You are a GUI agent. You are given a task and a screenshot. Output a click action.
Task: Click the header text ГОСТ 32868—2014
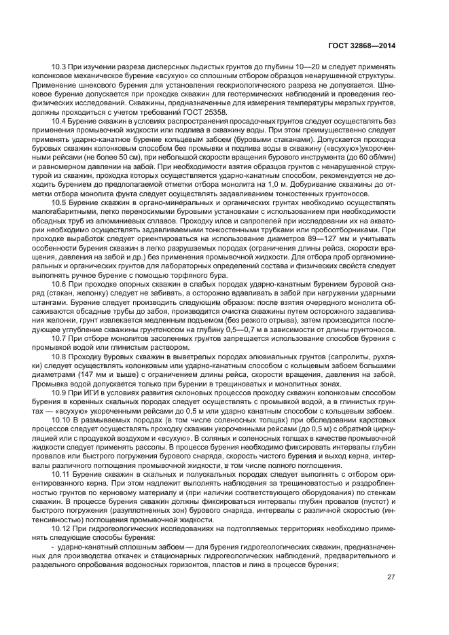[x=359, y=46]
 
